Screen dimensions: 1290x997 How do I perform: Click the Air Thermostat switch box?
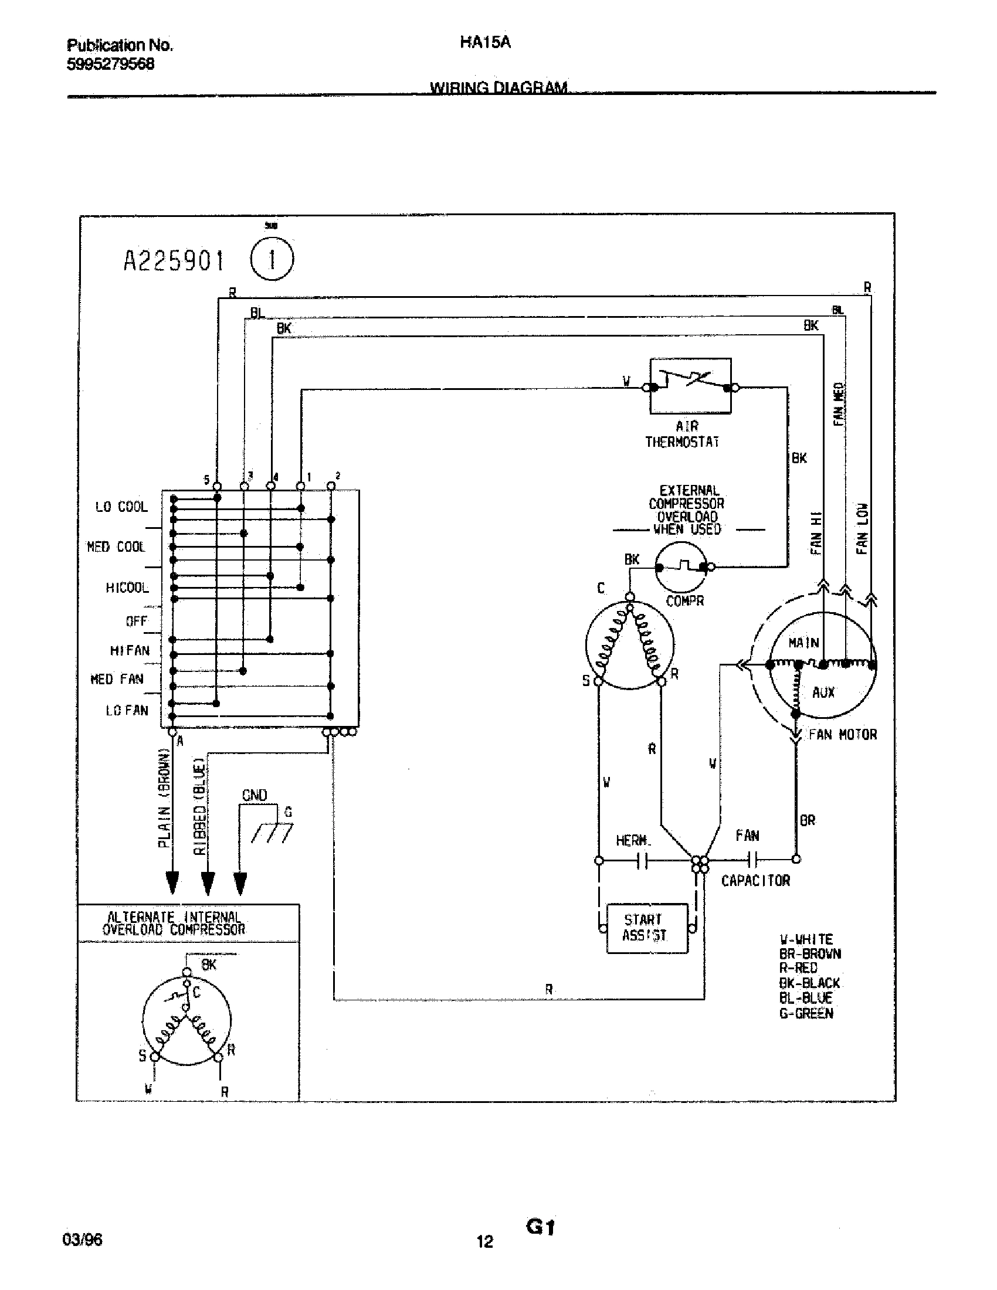pos(690,386)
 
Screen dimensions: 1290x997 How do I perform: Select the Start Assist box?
pos(647,928)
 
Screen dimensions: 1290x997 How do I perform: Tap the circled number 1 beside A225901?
pos(272,259)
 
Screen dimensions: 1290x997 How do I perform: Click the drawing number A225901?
pos(174,260)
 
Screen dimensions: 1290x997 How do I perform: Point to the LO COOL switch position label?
pos(121,507)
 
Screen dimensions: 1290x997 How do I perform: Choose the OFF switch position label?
pos(136,622)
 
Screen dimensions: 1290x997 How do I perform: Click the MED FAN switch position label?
pos(117,679)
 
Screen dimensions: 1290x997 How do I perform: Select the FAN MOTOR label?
pos(843,735)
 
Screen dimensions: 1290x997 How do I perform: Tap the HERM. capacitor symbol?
pos(643,861)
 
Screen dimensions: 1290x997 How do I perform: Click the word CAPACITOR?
pos(755,881)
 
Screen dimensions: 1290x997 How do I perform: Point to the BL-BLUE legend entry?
pos(806,998)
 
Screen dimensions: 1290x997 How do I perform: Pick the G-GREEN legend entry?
pos(806,1014)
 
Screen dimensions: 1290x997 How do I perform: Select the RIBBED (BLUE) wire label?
pos(199,806)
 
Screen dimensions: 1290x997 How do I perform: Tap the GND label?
pos(255,795)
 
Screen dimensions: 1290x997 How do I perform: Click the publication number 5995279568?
pos(110,64)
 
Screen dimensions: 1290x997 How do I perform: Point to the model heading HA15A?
pos(484,43)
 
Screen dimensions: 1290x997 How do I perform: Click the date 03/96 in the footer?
pos(82,1239)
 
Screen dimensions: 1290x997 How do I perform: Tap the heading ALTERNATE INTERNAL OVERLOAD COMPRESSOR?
pos(174,923)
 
